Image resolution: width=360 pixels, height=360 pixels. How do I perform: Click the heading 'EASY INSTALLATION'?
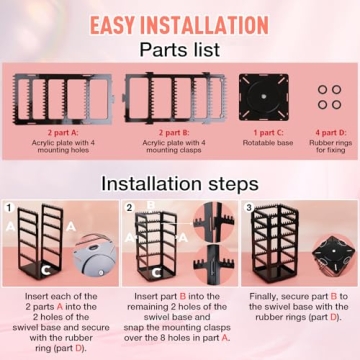pyautogui.click(x=180, y=23)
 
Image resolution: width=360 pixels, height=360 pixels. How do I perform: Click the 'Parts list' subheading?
pyautogui.click(x=180, y=49)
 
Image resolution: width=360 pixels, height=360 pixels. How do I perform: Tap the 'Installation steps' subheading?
pyautogui.click(x=180, y=183)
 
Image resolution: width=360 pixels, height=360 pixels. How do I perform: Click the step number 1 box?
pyautogui.click(x=10, y=209)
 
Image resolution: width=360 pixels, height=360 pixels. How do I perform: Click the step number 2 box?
pyautogui.click(x=130, y=209)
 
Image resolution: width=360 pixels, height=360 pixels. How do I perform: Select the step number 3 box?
pyautogui.click(x=248, y=209)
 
